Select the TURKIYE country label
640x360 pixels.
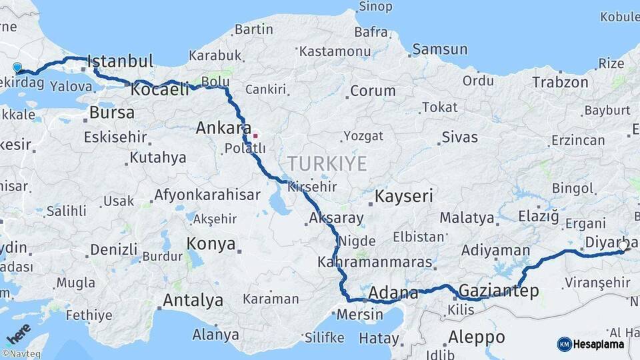[x=327, y=163]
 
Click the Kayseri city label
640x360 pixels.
[x=403, y=196]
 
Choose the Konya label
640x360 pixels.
[x=211, y=243]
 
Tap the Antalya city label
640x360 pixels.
[x=193, y=301]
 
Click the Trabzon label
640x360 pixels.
[x=560, y=83]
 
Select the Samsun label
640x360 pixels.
[x=439, y=49]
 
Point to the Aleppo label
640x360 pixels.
[x=476, y=336]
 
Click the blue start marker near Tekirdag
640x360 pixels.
[x=17, y=67]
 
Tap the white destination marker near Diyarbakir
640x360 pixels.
[x=623, y=246]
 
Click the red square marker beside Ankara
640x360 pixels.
[x=255, y=135]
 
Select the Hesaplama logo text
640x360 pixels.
[x=599, y=344]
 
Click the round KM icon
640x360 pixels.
[x=564, y=344]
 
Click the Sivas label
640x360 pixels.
[x=459, y=137]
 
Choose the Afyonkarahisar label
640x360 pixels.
[x=207, y=195]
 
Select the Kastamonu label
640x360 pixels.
[x=335, y=51]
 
